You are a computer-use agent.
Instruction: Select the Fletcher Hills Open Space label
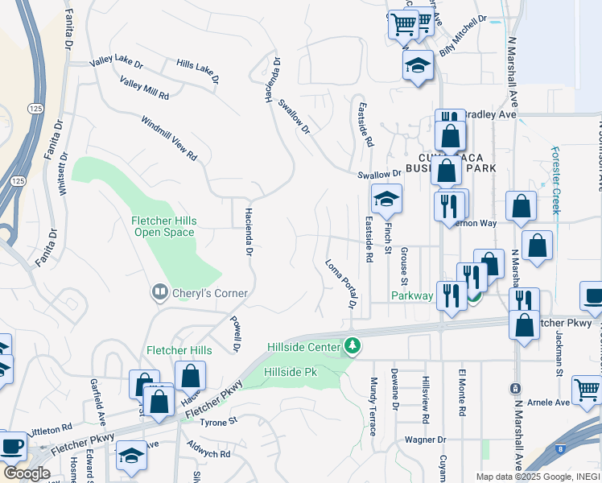[x=163, y=226]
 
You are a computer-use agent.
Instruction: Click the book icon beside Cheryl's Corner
[x=160, y=292]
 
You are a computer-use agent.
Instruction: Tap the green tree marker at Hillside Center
[x=352, y=346]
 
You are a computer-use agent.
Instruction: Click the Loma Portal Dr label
[x=340, y=283]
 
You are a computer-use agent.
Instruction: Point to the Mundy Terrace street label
[x=373, y=406]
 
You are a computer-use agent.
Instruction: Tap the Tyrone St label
[x=219, y=421]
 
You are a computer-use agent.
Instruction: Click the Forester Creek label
[x=555, y=179]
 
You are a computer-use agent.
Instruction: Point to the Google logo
[x=27, y=473]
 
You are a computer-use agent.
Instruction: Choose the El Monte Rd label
[x=462, y=393]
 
